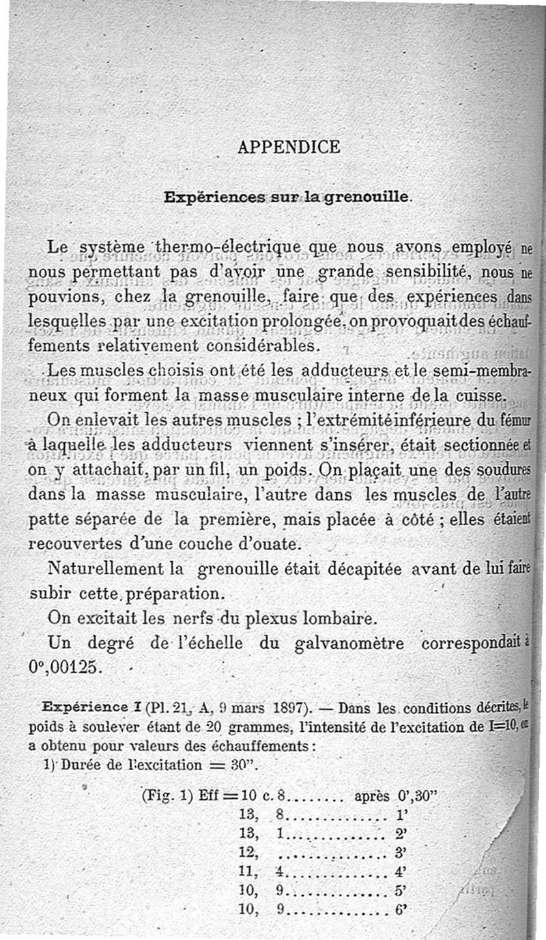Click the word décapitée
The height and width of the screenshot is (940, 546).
(386, 569)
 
